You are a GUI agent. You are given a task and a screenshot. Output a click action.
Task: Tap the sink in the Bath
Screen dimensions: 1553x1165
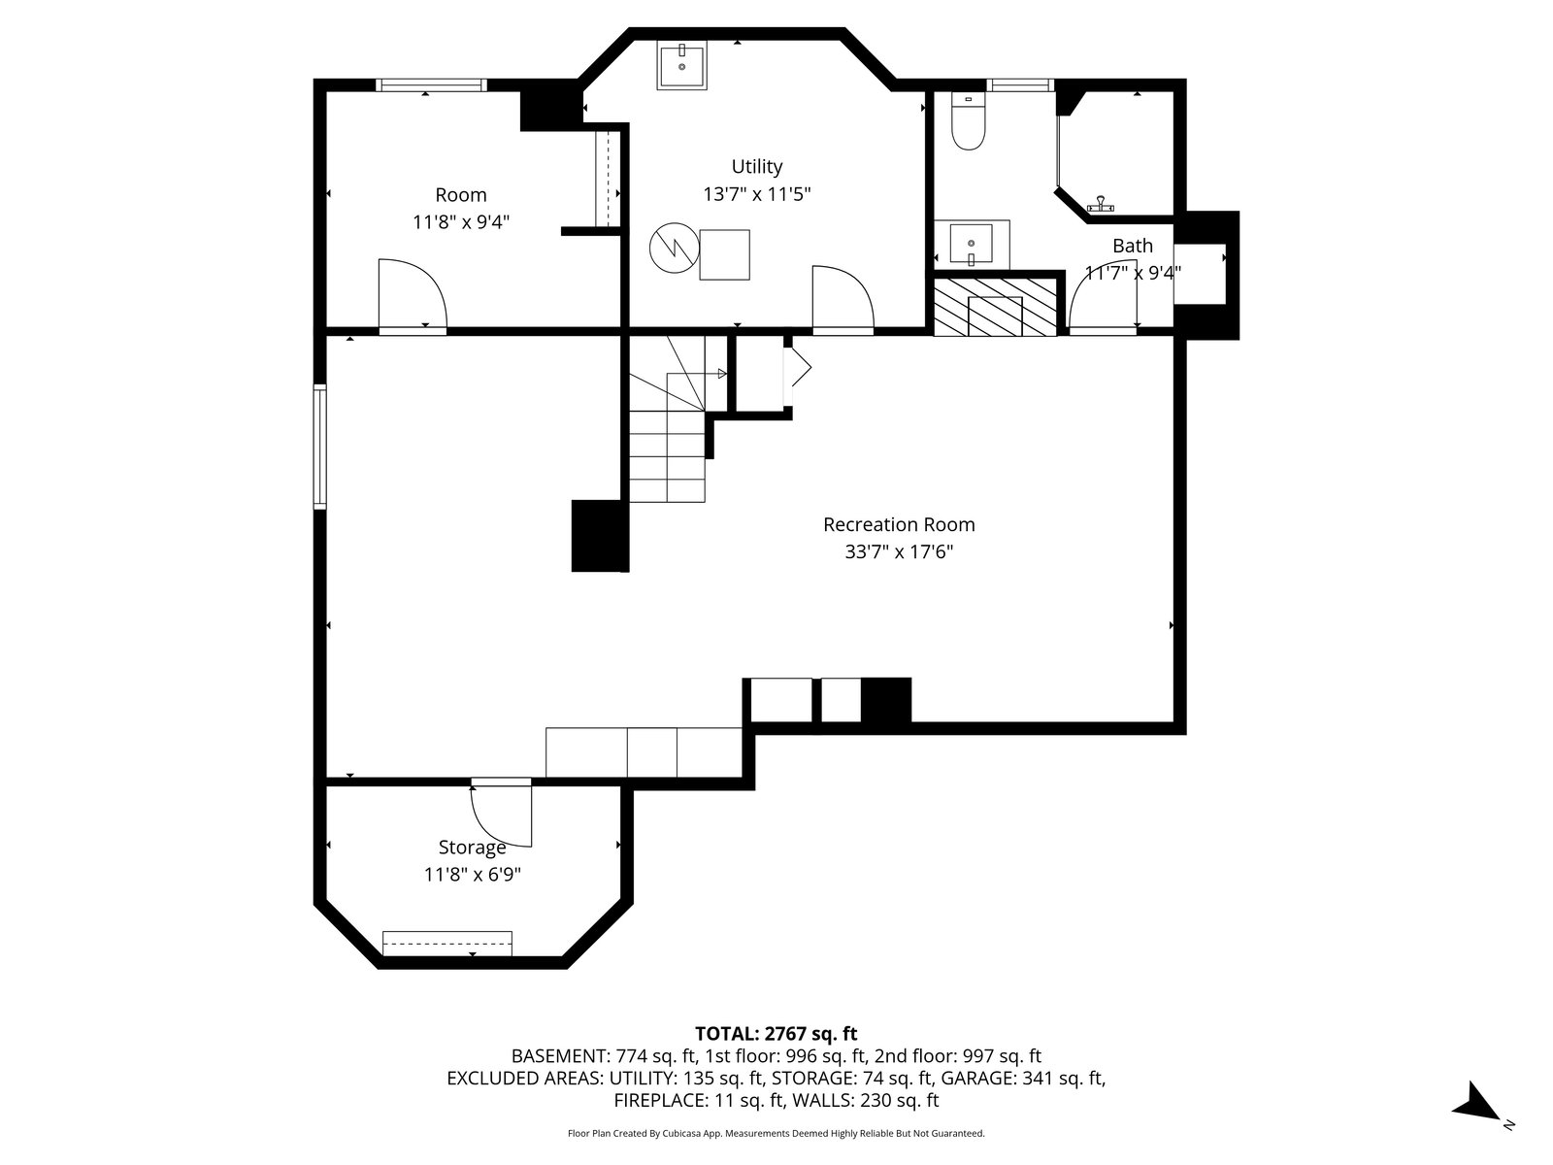971,244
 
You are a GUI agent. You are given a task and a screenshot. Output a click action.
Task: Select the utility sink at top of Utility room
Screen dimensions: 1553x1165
682,65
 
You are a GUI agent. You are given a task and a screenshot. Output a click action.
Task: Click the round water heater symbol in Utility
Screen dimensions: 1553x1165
675,248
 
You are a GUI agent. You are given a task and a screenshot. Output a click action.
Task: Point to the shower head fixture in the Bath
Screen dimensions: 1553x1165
1100,205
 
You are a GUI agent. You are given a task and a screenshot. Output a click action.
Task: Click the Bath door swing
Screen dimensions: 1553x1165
1103,297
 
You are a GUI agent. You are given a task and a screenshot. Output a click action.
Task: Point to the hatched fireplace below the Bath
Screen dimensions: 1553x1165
995,306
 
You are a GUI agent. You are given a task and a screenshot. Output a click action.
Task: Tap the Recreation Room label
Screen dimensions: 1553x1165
899,524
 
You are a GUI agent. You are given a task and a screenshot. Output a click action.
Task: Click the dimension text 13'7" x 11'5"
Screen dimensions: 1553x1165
756,194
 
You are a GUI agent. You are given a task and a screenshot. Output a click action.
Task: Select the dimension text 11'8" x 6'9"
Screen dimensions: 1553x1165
472,875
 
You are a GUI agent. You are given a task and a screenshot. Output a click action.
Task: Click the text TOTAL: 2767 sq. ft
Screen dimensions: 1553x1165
776,1033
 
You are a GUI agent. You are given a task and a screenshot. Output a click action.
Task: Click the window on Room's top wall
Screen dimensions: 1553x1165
431,84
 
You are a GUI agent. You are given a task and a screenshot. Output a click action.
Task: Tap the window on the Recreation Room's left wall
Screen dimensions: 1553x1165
319,447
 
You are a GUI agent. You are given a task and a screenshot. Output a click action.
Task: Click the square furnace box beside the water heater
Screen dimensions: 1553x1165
724,254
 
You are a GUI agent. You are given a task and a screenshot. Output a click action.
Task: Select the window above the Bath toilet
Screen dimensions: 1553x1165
1020,84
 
